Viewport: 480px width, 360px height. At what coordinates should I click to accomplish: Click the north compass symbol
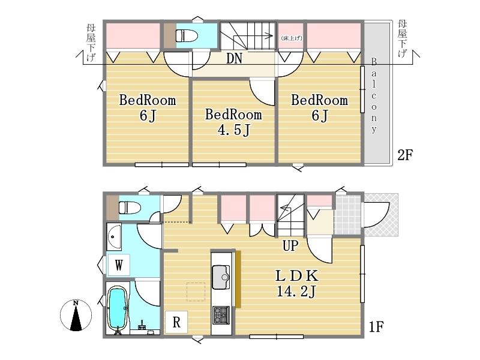(76, 316)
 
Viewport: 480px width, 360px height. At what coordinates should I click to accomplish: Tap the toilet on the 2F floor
(187, 35)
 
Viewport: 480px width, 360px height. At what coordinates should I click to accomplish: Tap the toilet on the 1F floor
(130, 207)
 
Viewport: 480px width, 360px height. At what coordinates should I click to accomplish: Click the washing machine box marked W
(119, 265)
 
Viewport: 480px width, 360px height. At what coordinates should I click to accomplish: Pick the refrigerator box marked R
(176, 322)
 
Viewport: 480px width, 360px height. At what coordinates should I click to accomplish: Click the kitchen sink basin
(221, 277)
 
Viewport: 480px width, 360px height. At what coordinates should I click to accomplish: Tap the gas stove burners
(221, 316)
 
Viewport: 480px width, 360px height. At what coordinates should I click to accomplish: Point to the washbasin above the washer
(114, 237)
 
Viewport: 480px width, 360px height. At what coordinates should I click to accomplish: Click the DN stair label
(234, 58)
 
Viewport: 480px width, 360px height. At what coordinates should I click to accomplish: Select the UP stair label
(290, 245)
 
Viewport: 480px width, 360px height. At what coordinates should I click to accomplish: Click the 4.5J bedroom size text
(234, 130)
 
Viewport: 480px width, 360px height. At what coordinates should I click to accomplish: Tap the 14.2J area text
(296, 291)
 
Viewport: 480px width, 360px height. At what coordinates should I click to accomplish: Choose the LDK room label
(297, 276)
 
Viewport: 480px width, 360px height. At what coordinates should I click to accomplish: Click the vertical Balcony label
(374, 95)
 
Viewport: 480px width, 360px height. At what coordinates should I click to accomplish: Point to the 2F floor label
(405, 155)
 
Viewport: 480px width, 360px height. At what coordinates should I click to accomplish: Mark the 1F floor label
(376, 327)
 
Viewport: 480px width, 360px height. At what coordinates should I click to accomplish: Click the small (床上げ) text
(292, 38)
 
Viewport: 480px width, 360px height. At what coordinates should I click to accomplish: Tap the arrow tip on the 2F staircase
(272, 36)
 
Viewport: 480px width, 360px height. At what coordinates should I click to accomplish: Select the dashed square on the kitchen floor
(196, 292)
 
